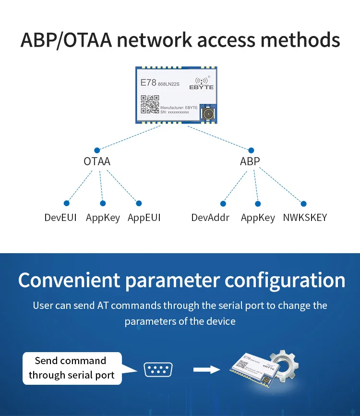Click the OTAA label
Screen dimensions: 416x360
(97, 161)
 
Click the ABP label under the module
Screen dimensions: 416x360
(250, 161)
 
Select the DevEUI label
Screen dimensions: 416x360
(60, 218)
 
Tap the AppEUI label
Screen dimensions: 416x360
(144, 218)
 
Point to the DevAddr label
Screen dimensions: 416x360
(210, 218)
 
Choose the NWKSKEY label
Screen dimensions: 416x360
(305, 218)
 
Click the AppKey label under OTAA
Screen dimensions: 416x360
(103, 218)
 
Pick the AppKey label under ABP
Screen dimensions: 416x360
(258, 218)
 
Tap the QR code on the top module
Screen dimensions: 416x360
(150, 104)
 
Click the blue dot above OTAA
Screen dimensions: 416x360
(97, 150)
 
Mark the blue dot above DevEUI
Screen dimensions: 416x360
(66, 203)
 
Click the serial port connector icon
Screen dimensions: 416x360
(158, 369)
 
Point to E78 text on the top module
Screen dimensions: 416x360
(148, 83)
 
